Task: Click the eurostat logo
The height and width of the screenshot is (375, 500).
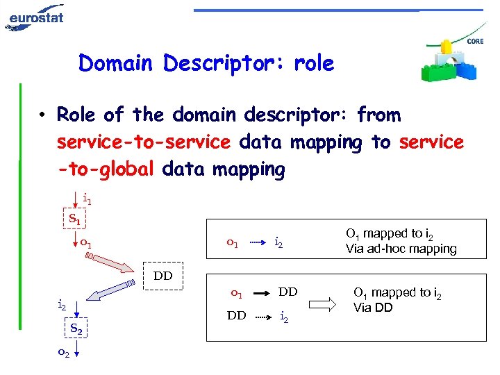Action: (x=35, y=17)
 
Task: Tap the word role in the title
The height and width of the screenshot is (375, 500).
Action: (x=314, y=64)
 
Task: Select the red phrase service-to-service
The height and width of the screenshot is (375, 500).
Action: (x=143, y=142)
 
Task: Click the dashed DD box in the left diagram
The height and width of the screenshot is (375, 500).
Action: (x=163, y=276)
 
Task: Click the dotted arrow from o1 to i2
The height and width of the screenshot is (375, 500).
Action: (x=258, y=243)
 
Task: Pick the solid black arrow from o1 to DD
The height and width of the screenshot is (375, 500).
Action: (x=259, y=293)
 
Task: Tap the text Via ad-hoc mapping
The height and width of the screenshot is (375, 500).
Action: (x=401, y=248)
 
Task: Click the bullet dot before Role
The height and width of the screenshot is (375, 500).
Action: (x=42, y=115)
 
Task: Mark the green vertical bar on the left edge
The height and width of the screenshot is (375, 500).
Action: (x=21, y=208)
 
